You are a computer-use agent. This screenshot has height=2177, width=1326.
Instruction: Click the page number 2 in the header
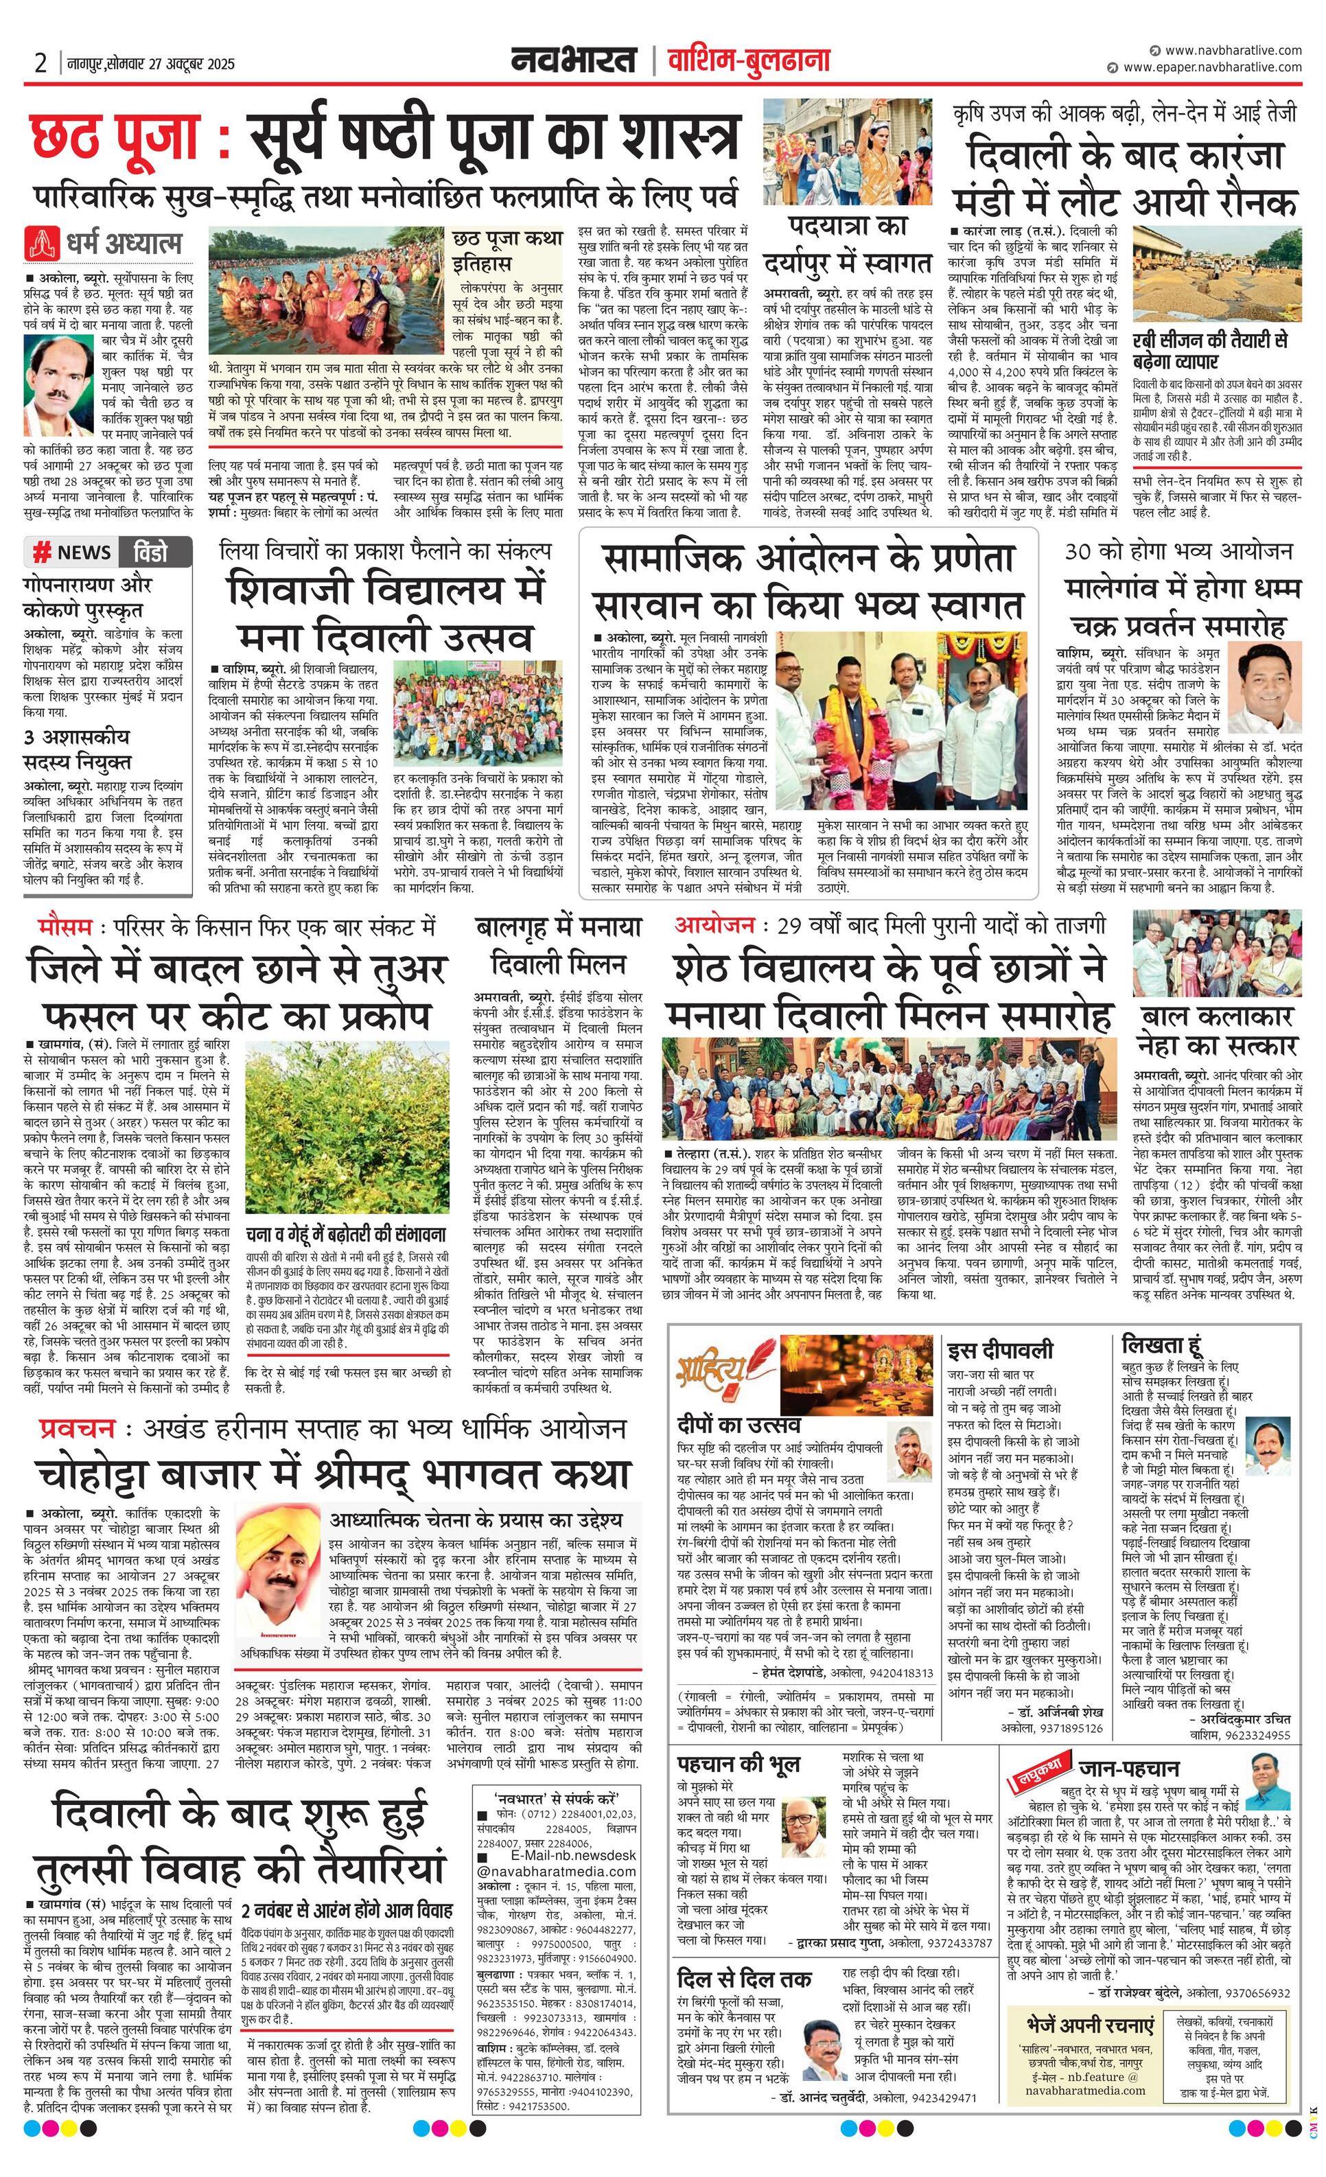(x=40, y=62)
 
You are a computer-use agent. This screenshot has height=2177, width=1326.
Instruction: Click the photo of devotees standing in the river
(x=327, y=292)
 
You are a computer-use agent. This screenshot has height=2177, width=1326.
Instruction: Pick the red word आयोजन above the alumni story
(x=714, y=925)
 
